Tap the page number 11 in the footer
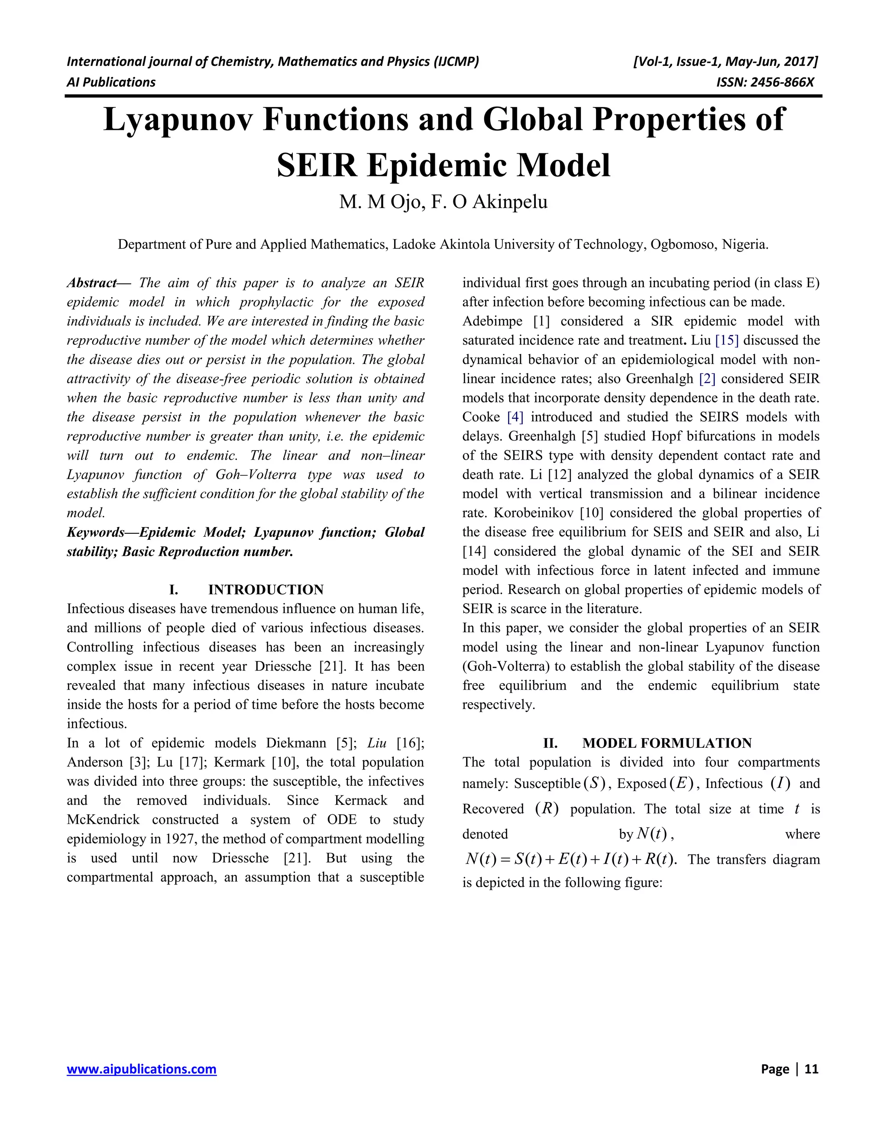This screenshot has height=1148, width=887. coord(811,1069)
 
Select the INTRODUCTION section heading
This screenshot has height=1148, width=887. coord(265,589)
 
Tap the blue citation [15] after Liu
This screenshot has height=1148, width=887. coord(727,340)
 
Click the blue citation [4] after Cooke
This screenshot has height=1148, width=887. coord(515,417)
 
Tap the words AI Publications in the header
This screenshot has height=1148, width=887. coord(111,82)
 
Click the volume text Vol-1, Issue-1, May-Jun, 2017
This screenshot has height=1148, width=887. coord(726,62)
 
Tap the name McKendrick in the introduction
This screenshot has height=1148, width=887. coord(103,820)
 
